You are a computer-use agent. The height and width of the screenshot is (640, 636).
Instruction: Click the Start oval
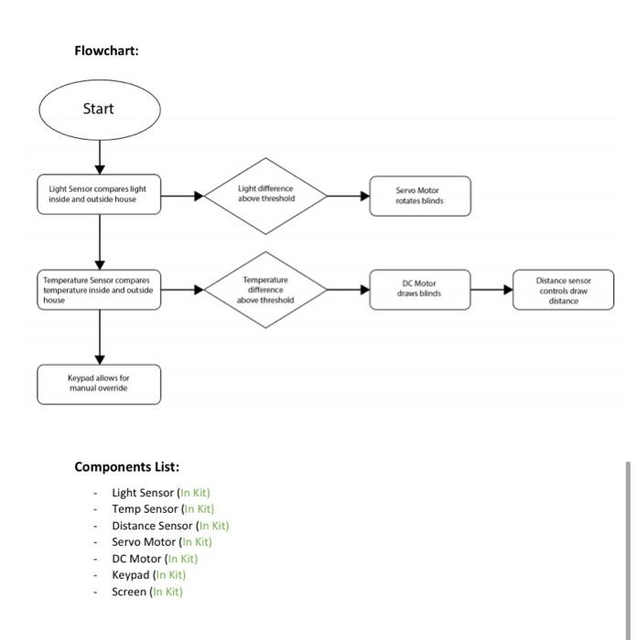[x=99, y=109]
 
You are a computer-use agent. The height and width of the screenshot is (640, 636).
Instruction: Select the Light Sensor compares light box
[x=99, y=195]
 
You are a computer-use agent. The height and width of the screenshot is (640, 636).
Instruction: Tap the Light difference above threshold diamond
[x=265, y=195]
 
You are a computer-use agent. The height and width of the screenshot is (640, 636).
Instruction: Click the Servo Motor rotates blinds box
[x=420, y=196]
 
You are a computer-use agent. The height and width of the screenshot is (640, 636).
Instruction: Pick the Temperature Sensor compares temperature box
[x=99, y=289]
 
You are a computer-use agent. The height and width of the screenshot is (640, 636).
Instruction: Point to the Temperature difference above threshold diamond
[x=265, y=290]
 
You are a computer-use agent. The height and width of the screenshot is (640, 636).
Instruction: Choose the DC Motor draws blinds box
[x=420, y=289]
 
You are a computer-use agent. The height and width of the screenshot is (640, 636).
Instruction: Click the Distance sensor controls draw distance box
[x=564, y=290]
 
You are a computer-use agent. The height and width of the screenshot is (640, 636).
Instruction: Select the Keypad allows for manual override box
[x=99, y=384]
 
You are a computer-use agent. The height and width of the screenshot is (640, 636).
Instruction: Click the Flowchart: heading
[x=106, y=50]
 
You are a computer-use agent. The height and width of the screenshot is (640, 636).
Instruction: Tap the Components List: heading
[x=126, y=467]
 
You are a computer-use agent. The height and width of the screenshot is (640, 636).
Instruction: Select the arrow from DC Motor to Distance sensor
[x=492, y=290]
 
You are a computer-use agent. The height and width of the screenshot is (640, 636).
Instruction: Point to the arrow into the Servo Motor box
[x=348, y=196]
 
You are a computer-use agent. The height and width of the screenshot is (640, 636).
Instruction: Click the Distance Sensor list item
[x=152, y=526]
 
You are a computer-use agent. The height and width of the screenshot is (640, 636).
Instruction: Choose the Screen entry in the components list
[x=129, y=592]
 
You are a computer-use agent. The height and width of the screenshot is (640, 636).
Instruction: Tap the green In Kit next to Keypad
[x=169, y=575]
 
